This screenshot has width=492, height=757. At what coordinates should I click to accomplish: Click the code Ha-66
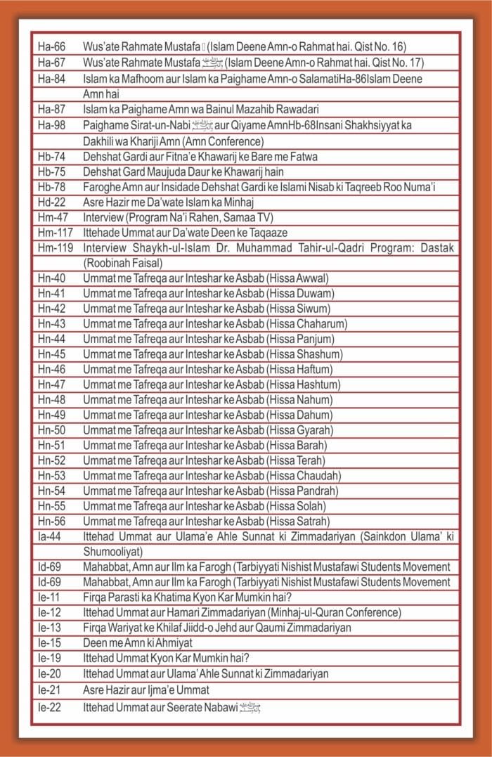(x=52, y=48)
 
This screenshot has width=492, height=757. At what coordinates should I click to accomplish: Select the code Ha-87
(x=52, y=110)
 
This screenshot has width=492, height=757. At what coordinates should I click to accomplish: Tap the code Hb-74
(x=52, y=157)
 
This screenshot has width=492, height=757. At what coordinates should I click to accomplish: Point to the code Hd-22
(x=52, y=202)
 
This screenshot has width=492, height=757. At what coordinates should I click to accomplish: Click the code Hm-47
(x=52, y=218)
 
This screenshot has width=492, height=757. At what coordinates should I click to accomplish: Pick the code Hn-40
(x=52, y=278)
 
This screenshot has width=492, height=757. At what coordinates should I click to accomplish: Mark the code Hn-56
(x=52, y=522)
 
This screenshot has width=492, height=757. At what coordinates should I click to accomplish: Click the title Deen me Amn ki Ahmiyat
(x=137, y=643)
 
